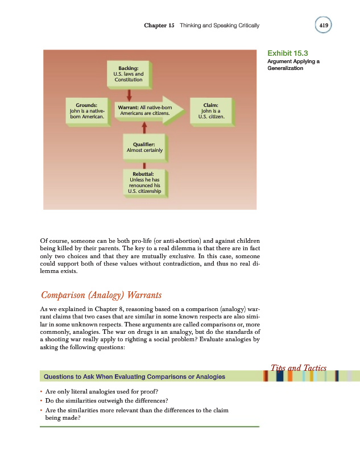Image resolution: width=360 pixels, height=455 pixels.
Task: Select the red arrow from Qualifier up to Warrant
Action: click(144, 128)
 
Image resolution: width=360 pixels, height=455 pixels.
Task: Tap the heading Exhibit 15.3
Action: click(287, 53)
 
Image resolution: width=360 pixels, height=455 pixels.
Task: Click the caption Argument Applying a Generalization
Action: click(292, 65)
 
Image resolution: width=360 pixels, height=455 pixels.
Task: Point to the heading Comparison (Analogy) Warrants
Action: click(101, 295)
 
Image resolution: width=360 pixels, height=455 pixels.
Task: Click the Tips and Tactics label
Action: click(297, 368)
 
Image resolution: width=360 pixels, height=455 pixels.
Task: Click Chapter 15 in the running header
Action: click(159, 26)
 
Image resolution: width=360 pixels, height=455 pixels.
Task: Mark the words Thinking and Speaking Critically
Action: click(219, 26)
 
